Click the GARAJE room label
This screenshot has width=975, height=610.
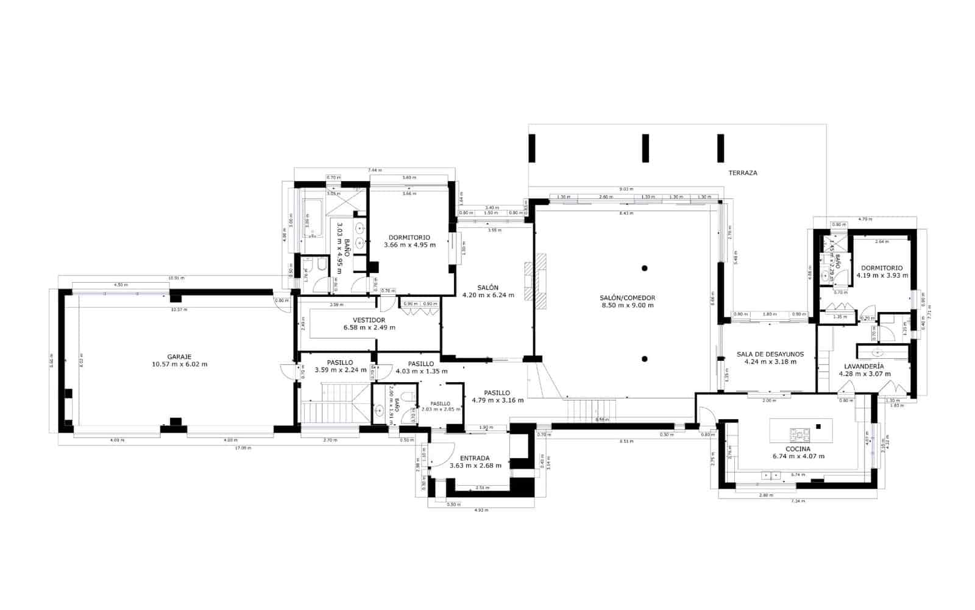(x=179, y=356)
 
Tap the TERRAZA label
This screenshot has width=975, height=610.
(x=743, y=173)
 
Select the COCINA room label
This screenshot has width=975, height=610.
(x=798, y=449)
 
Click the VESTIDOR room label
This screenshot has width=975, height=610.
(x=369, y=320)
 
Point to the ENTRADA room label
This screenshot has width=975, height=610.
(x=475, y=458)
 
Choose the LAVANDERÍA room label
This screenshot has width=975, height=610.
(x=864, y=366)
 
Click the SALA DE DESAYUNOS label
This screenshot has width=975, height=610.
(x=770, y=354)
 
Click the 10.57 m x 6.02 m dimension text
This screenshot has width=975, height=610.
(x=179, y=364)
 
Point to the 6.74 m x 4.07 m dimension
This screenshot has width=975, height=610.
(x=798, y=456)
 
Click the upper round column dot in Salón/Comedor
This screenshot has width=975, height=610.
(x=644, y=268)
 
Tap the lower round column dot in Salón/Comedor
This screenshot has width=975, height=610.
(x=644, y=359)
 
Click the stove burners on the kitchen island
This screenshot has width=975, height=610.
(x=799, y=434)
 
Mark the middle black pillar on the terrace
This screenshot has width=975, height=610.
(x=645, y=148)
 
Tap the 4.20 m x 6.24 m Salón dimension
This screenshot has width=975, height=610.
(x=488, y=295)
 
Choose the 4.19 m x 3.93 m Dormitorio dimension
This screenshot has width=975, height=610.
(x=882, y=275)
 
